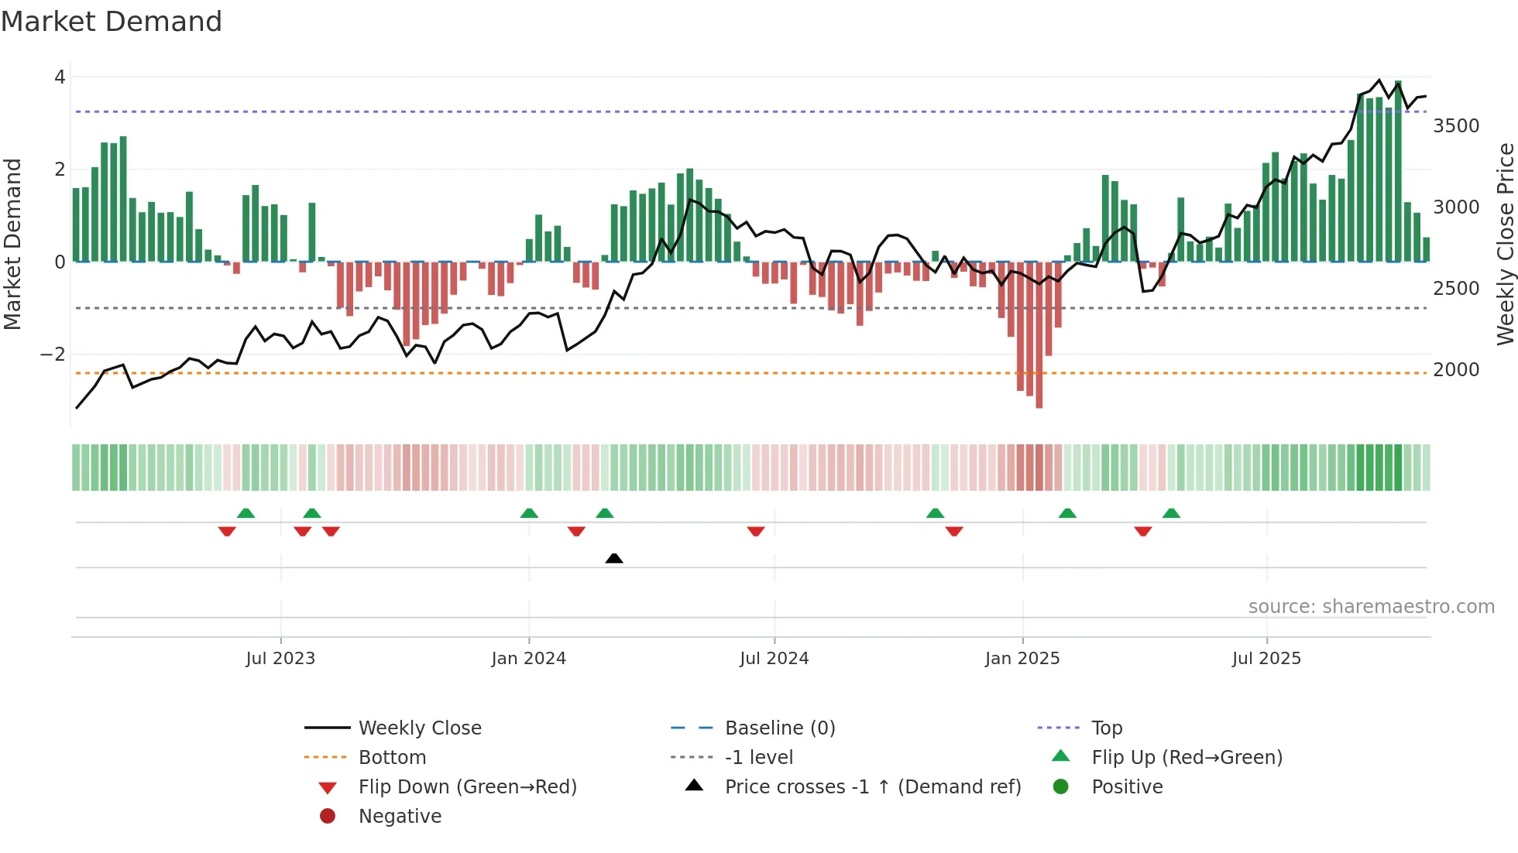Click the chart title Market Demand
(112, 21)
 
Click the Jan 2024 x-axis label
(528, 659)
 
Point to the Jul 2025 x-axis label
(1266, 659)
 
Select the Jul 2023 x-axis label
(280, 659)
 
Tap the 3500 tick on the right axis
(1456, 126)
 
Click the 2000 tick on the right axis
(1456, 370)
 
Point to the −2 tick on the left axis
(53, 355)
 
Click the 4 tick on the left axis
(60, 77)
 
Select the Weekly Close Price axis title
(1505, 244)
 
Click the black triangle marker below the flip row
(614, 558)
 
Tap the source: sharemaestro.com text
(1371, 607)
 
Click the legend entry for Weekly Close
(419, 728)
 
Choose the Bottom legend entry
(392, 758)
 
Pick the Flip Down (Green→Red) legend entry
(467, 787)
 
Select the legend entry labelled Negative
(400, 817)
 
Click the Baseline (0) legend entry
(779, 728)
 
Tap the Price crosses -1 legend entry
(872, 787)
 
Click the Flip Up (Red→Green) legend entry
(1187, 758)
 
